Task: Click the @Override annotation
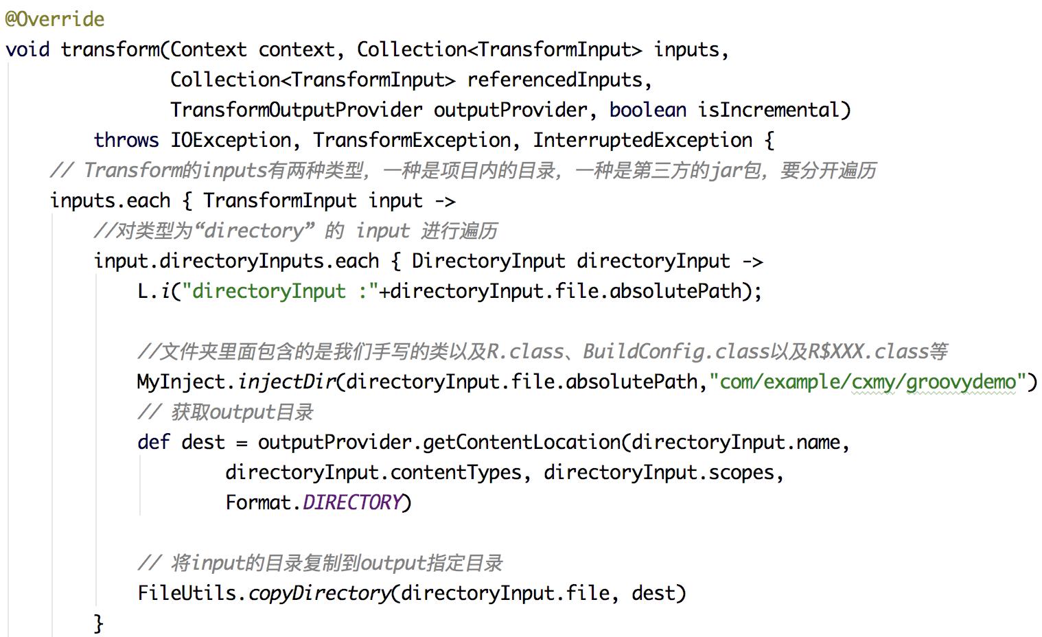tap(55, 19)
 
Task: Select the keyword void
tap(27, 49)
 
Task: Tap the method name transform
tap(111, 49)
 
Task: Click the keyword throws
tap(126, 140)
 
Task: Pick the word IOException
tap(231, 140)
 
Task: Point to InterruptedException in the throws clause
tap(642, 140)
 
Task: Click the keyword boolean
tap(647, 110)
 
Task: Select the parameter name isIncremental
tap(769, 110)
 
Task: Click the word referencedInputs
tap(555, 80)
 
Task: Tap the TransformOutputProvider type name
tap(297, 110)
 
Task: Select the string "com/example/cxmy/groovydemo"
tap(868, 382)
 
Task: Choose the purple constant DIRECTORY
tap(352, 502)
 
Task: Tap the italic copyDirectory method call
tap(319, 593)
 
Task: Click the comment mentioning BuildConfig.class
tap(542, 351)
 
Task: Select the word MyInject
tap(181, 382)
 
